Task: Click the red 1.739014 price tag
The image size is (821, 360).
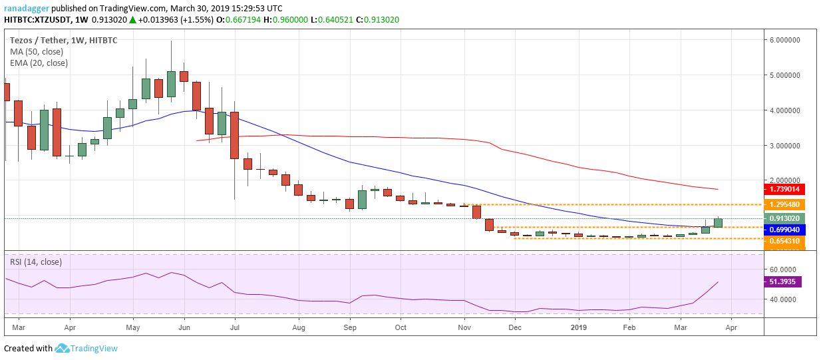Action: pyautogui.click(x=786, y=190)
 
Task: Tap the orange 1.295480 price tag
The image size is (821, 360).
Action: pyautogui.click(x=786, y=204)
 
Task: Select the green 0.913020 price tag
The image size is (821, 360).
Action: pyautogui.click(x=786, y=218)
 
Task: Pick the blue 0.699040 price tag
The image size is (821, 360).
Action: pyautogui.click(x=786, y=230)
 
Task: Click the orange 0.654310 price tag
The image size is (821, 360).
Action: pyautogui.click(x=786, y=242)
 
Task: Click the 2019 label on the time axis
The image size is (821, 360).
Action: pyautogui.click(x=579, y=328)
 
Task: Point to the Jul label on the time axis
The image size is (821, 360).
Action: pyautogui.click(x=234, y=328)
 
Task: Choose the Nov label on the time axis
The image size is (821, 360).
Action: pyautogui.click(x=464, y=328)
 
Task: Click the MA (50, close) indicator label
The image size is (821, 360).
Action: pyautogui.click(x=39, y=51)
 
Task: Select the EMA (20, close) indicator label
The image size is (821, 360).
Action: pyautogui.click(x=39, y=63)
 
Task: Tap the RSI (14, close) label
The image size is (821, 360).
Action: pyautogui.click(x=36, y=262)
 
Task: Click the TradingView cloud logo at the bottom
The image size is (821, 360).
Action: pyautogui.click(x=63, y=348)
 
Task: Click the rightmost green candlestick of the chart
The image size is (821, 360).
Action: pyautogui.click(x=719, y=223)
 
